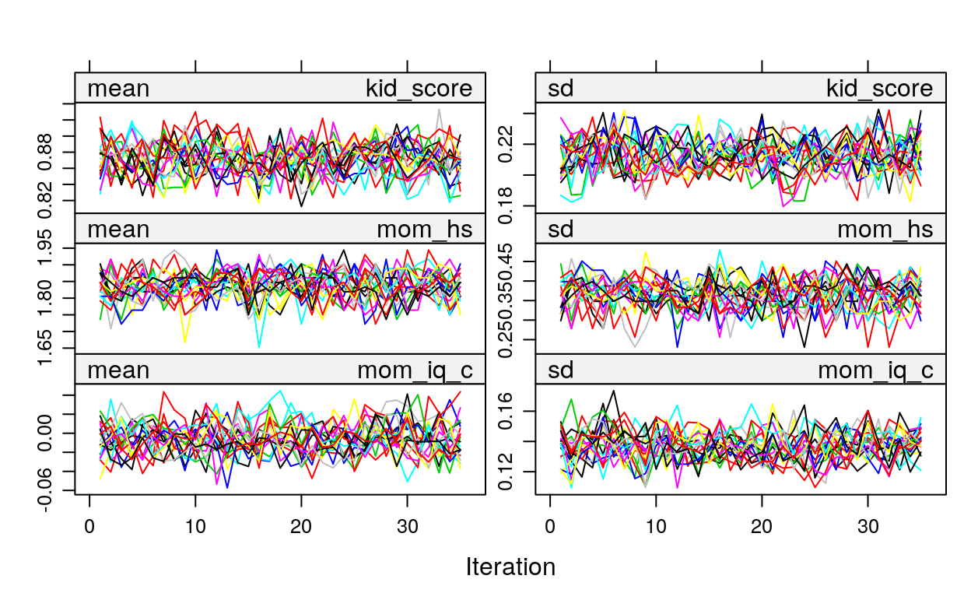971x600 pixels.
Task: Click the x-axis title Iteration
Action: pos(510,567)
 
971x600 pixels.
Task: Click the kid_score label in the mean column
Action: pos(419,89)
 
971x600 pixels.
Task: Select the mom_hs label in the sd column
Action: pos(885,230)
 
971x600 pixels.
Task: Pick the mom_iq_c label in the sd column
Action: pos(875,370)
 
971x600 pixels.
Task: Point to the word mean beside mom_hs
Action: pos(118,230)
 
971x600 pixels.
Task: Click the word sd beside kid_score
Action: pos(561,89)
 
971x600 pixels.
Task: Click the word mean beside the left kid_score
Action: pos(118,89)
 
